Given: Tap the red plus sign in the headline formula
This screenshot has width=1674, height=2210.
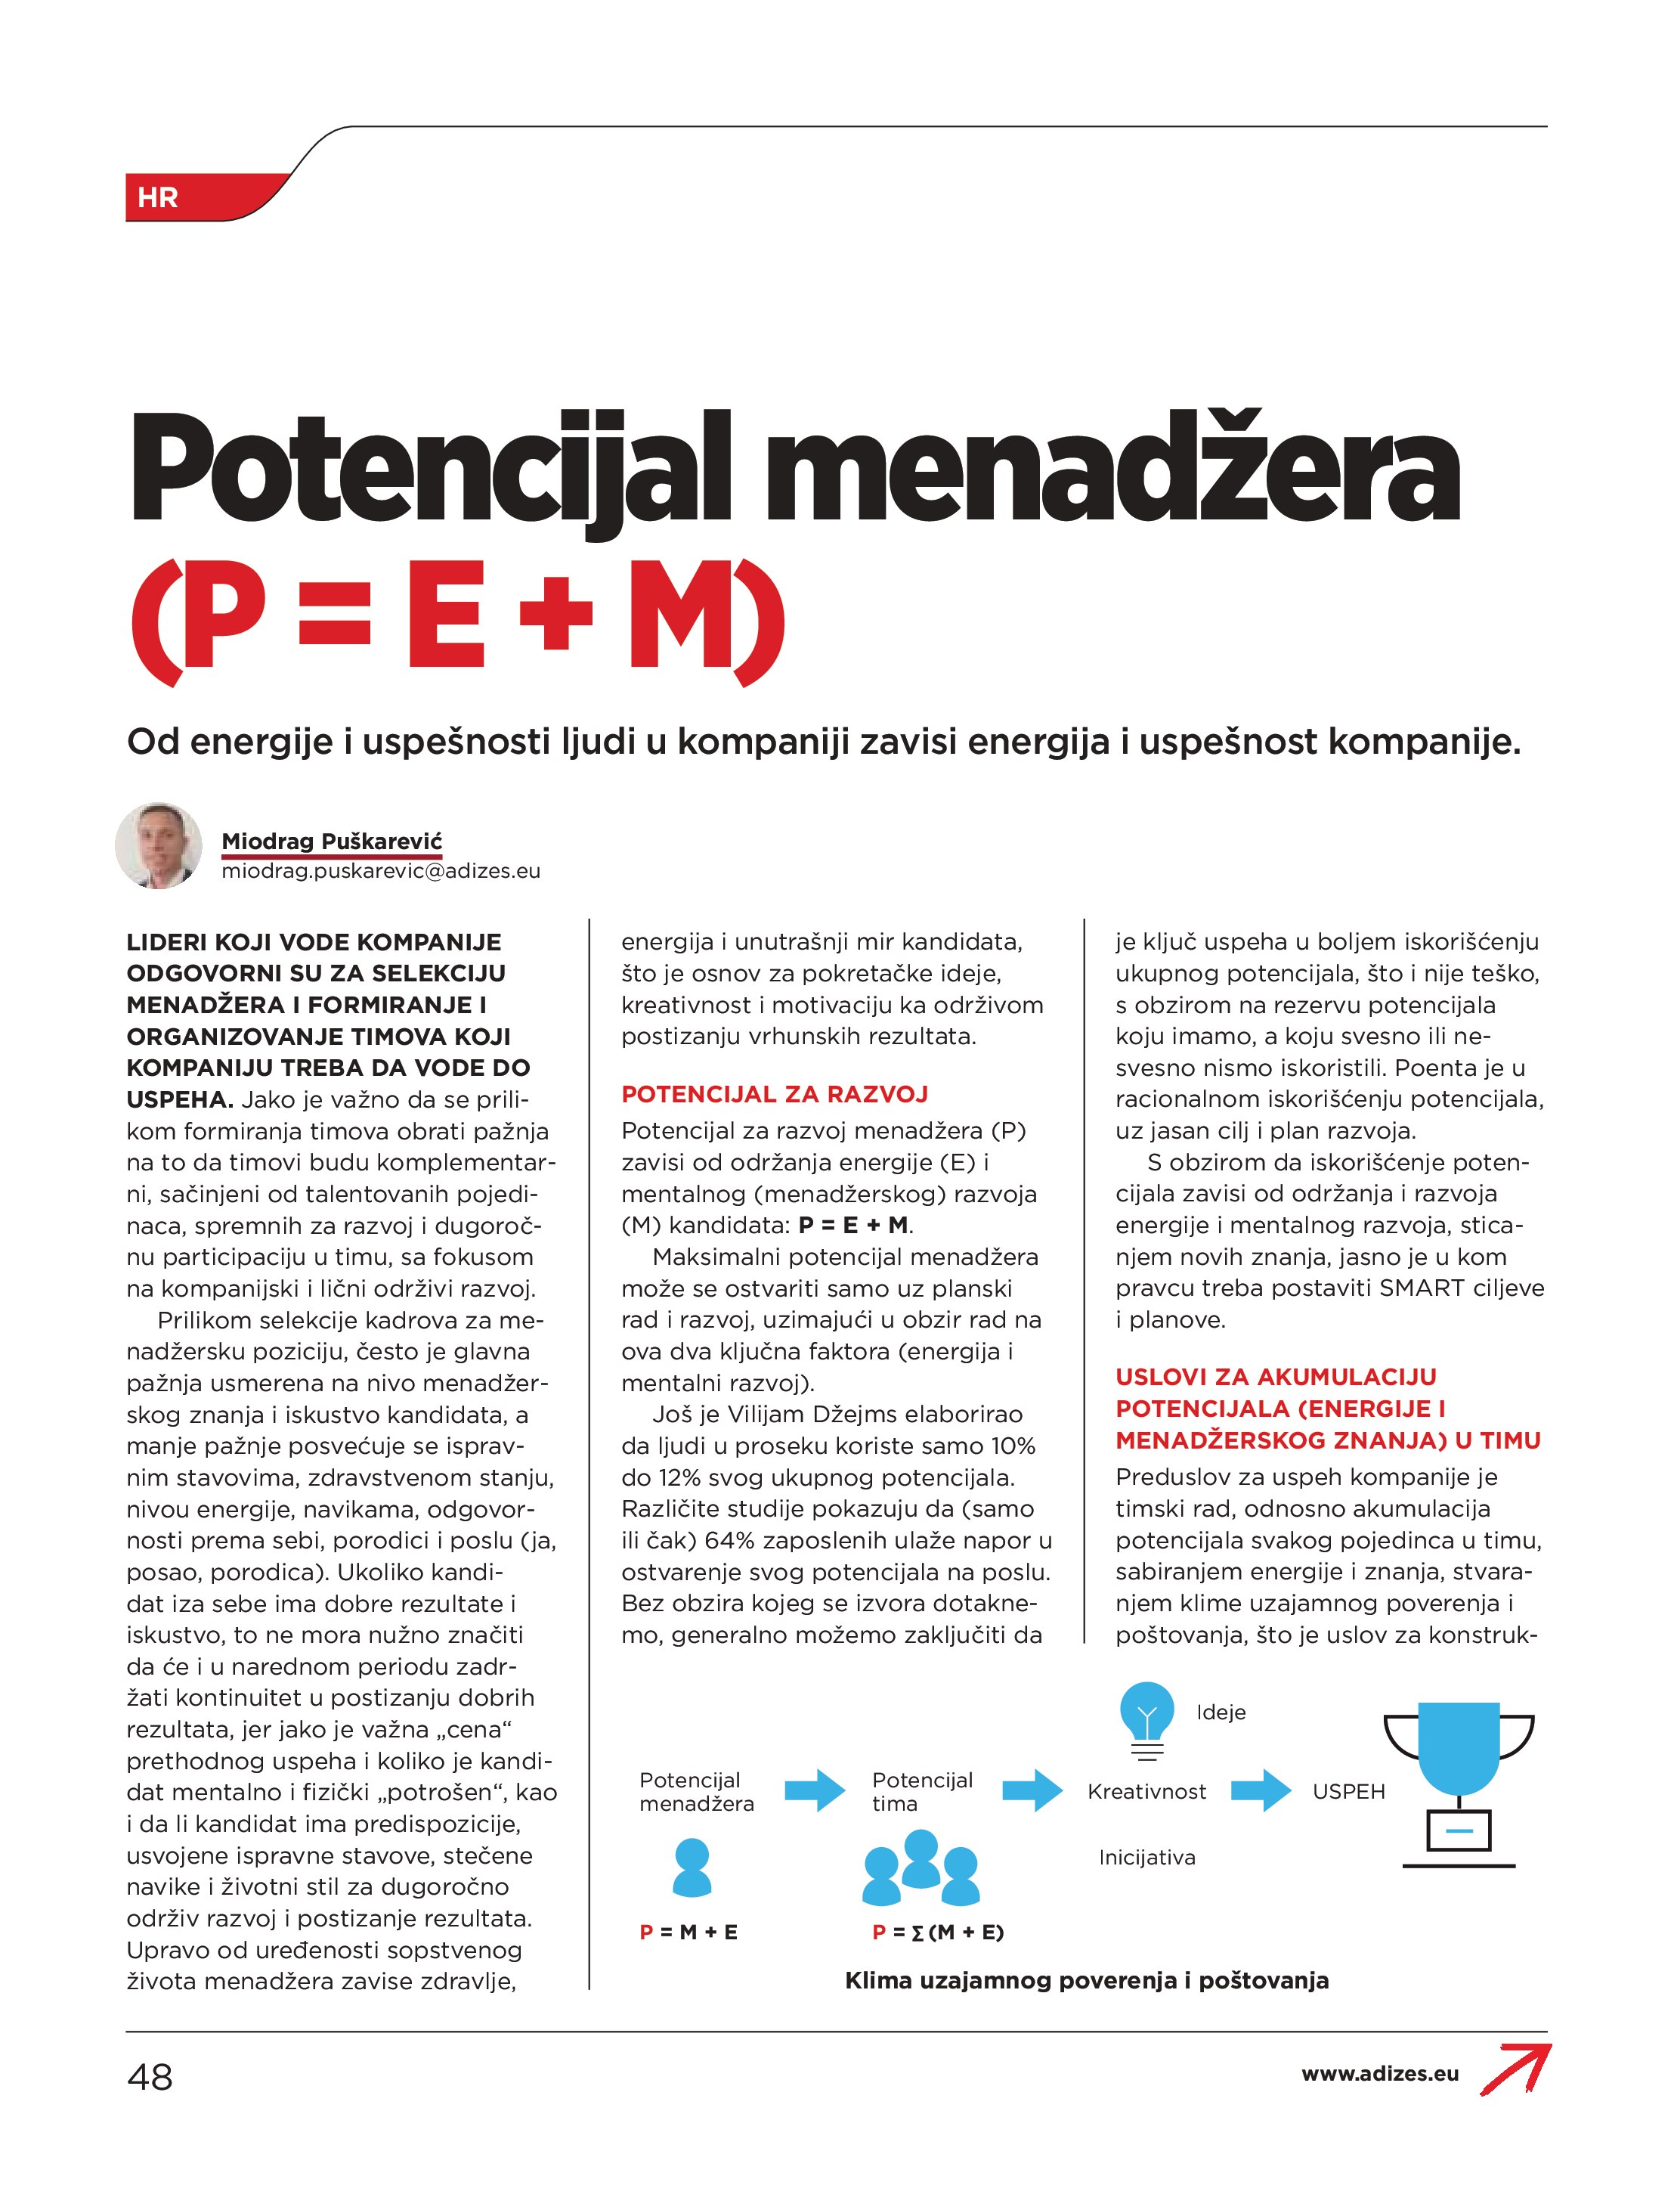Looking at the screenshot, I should coord(556,615).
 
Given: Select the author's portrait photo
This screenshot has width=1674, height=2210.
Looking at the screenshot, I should coord(159,845).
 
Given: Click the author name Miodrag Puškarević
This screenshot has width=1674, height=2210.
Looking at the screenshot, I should coord(332,842).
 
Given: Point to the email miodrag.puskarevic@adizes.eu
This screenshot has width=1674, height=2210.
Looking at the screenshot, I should coord(381,871).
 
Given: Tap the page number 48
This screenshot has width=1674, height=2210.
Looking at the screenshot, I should coord(150,2078).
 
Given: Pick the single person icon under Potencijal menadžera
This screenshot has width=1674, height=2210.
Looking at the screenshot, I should coord(692,1869).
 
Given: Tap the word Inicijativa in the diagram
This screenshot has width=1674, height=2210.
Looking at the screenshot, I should coord(1146,1858).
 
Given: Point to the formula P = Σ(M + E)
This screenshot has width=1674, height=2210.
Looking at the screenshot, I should coord(938,1933).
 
